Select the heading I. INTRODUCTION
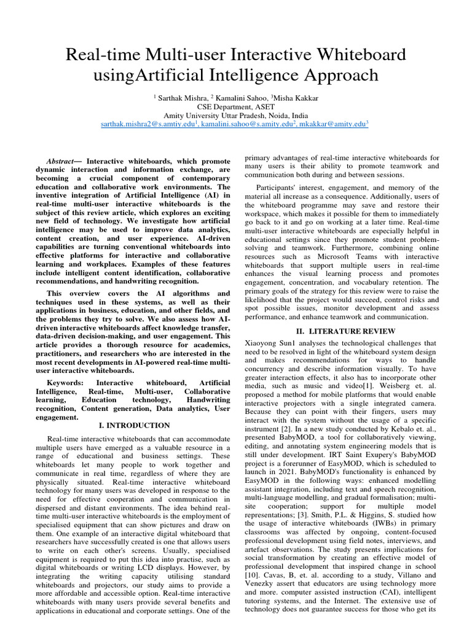[134, 425]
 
